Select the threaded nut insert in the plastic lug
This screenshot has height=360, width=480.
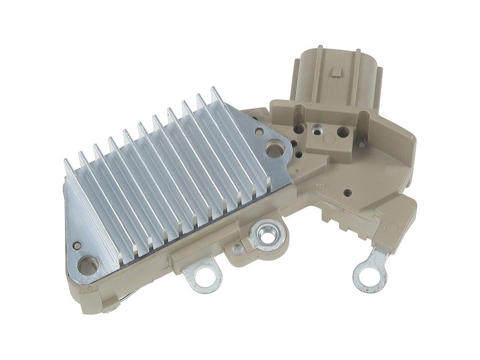[x=267, y=235]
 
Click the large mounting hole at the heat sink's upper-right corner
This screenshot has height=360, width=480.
[x=275, y=148]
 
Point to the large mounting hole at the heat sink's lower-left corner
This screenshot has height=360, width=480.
[x=87, y=265]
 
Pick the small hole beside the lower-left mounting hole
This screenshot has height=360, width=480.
[x=77, y=245]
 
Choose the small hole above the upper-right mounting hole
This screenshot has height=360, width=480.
[x=259, y=132]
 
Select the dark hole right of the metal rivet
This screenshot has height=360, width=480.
[x=343, y=132]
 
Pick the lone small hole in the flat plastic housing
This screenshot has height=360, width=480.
[x=348, y=193]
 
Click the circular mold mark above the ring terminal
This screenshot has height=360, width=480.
[x=391, y=227]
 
